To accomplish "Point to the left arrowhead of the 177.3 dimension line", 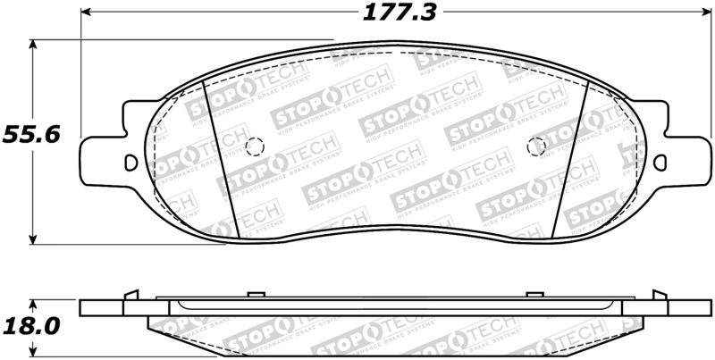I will pos(87,13).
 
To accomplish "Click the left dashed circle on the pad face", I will pos(254,147).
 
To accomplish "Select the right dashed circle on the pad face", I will pos(536,147).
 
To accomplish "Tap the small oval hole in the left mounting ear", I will pos(131,163).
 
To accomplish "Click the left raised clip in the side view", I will pos(131,295).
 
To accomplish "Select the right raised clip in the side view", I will pos(659,295).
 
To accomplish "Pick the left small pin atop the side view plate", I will pos(254,294).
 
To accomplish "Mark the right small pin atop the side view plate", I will pos(535,294).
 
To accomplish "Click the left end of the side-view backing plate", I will pos(83,308).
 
